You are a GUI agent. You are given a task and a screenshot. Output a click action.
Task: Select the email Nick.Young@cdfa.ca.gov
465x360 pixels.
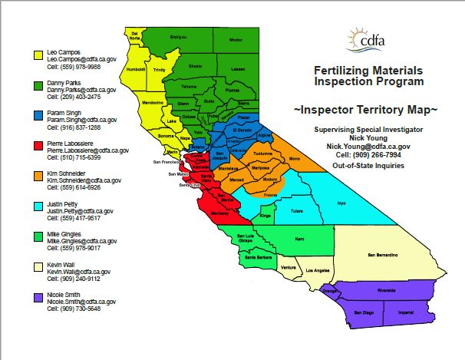[368, 144]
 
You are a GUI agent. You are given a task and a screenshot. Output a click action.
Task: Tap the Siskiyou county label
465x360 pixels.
[178, 36]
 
